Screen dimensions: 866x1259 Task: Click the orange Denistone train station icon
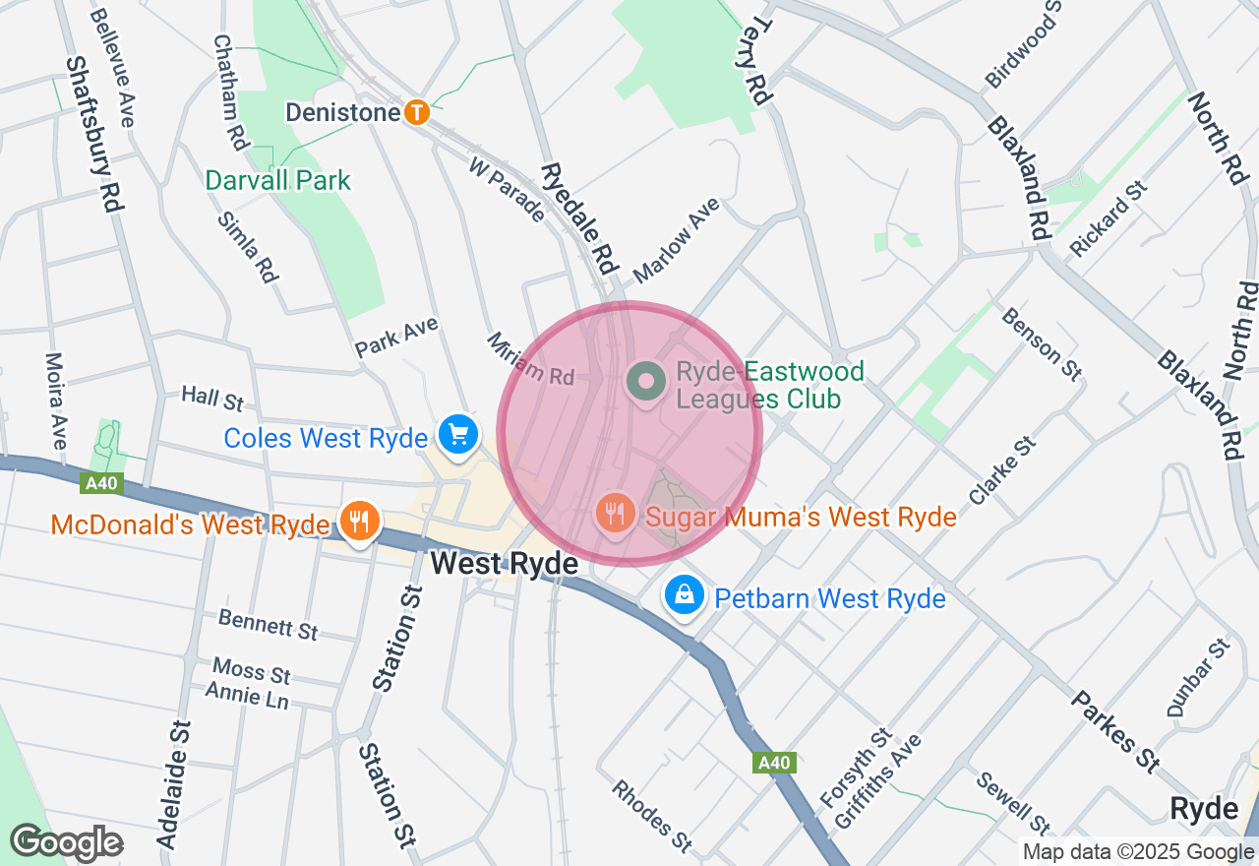(x=417, y=112)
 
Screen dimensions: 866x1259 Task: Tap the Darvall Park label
(x=277, y=181)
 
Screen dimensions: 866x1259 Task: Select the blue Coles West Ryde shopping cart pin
(x=457, y=433)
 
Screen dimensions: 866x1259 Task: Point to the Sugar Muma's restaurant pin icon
(x=615, y=512)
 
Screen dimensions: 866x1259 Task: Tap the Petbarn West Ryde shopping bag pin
(x=684, y=594)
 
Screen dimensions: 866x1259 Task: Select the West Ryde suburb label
(x=504, y=564)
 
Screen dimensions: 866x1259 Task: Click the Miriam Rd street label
(x=530, y=359)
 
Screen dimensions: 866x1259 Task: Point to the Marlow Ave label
(x=677, y=237)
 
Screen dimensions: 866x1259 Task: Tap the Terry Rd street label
(x=753, y=61)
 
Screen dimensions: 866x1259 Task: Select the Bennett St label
(x=269, y=625)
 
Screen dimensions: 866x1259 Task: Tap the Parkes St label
(x=1114, y=731)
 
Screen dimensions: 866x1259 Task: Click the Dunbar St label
(x=1197, y=678)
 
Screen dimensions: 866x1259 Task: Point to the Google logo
(x=66, y=842)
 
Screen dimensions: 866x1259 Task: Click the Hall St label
(x=212, y=399)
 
